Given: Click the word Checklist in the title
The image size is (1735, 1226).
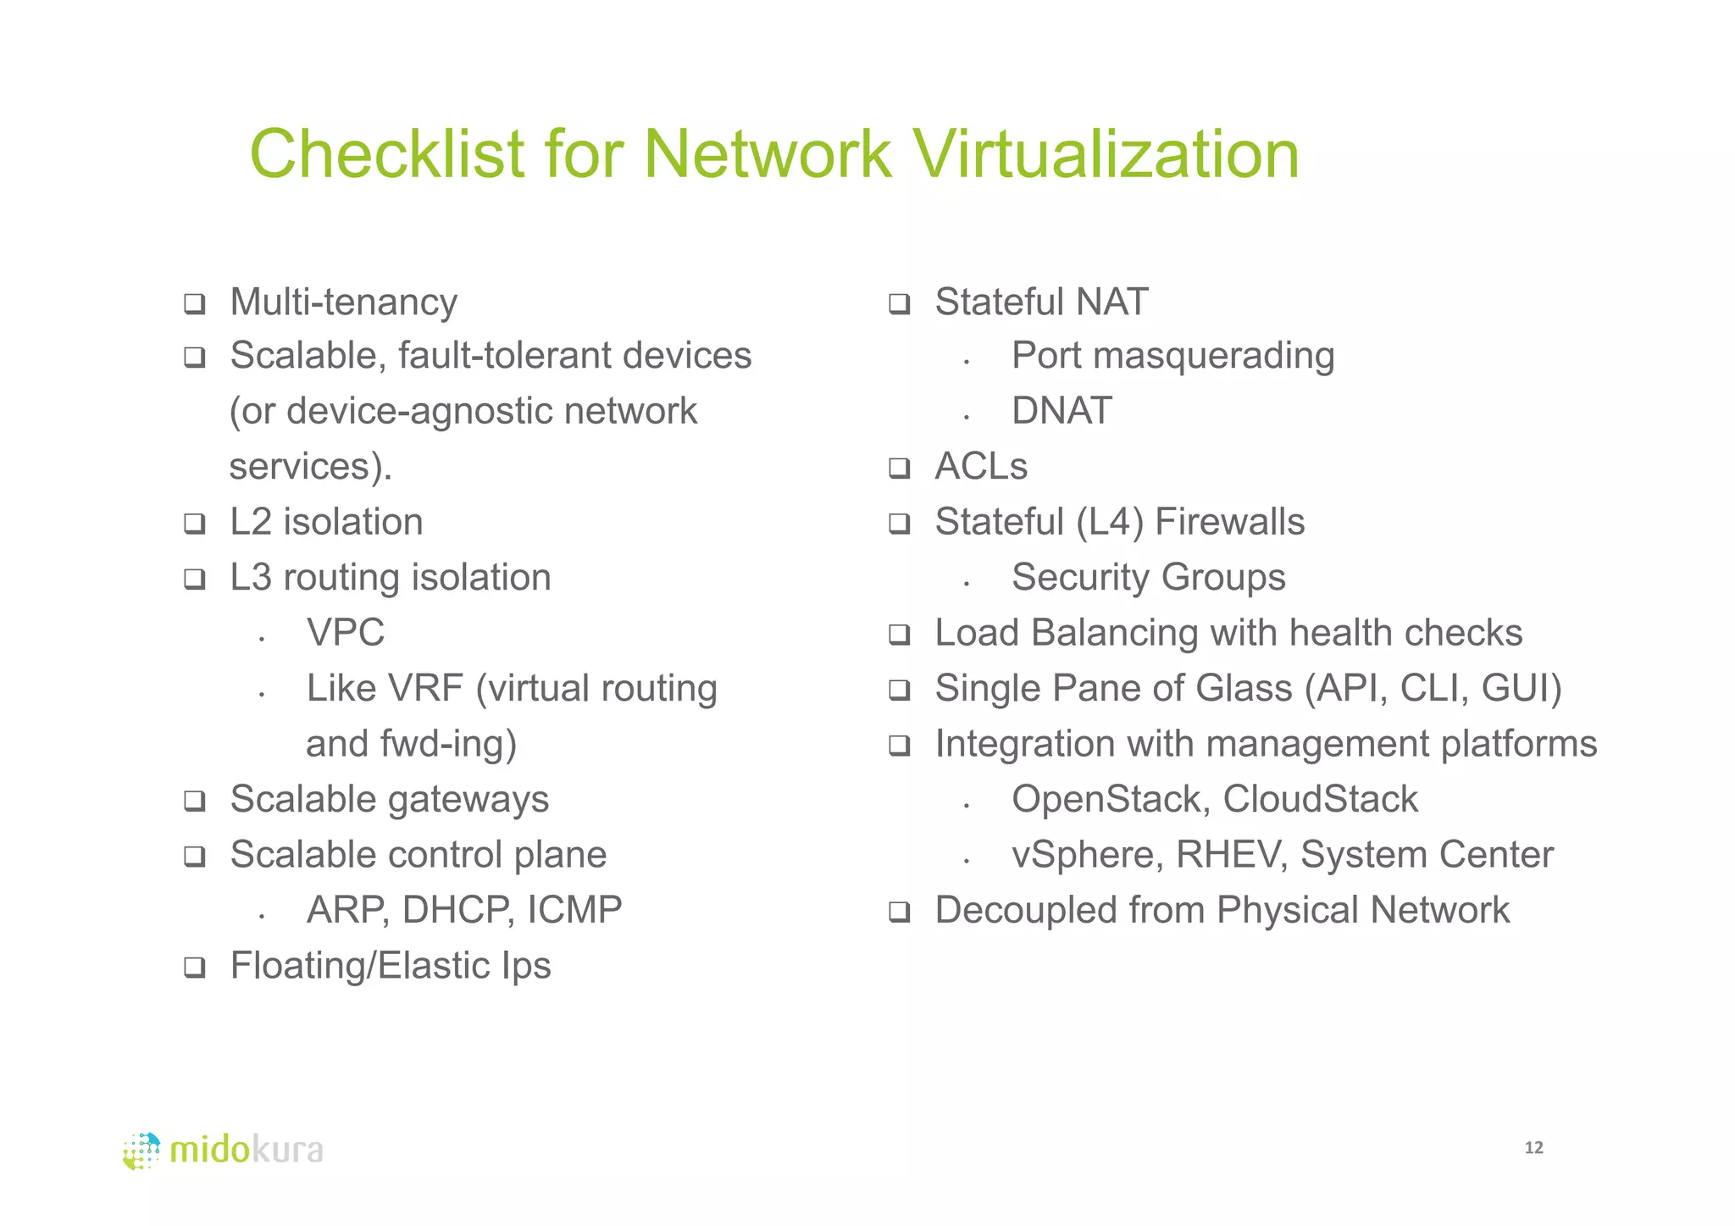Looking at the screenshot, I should [x=386, y=154].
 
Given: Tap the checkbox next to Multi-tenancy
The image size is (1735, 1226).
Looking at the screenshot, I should [x=195, y=303].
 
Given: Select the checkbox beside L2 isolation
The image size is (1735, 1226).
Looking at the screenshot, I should [x=195, y=524].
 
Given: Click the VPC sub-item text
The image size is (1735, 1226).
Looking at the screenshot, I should [x=346, y=633].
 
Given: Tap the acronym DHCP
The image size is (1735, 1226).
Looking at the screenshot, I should [x=457, y=910].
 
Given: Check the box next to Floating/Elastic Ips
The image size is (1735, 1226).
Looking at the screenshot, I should [x=195, y=967].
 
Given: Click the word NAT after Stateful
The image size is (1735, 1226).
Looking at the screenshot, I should [x=1111, y=302].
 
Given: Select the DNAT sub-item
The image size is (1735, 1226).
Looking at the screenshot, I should [x=1062, y=412].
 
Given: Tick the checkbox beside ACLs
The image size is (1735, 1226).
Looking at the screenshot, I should [x=899, y=468].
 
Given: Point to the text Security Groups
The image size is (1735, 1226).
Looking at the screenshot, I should [x=1148, y=578].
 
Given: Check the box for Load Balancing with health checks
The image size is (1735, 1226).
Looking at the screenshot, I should [x=899, y=635].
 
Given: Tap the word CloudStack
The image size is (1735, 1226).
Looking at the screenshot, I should [x=1320, y=799].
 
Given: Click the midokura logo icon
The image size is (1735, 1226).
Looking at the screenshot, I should [x=141, y=1151].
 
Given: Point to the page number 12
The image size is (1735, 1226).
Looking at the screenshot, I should [x=1533, y=1148].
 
